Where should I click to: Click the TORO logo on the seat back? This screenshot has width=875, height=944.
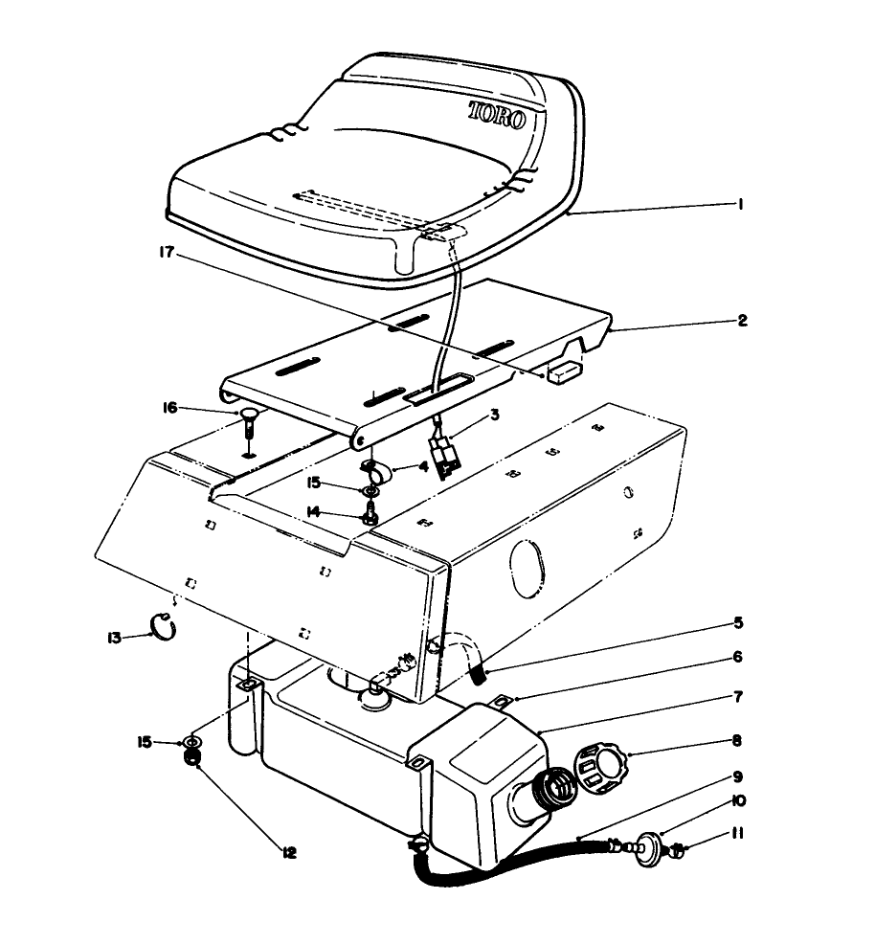click(497, 116)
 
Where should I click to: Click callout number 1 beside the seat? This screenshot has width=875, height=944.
click(742, 204)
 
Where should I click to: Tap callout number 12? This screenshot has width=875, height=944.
click(288, 851)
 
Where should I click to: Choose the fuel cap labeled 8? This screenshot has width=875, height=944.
click(597, 768)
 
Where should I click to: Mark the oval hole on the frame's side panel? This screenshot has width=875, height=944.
click(525, 566)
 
